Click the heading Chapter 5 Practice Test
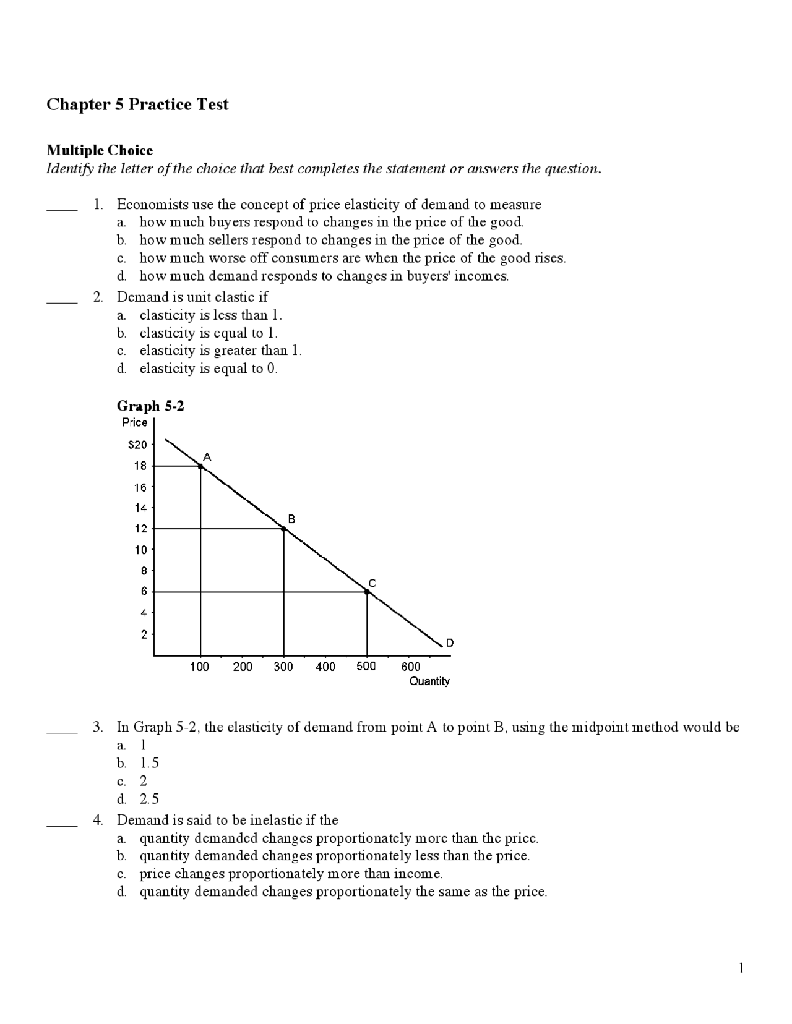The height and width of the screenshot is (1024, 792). click(137, 105)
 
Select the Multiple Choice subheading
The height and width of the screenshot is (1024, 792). click(100, 150)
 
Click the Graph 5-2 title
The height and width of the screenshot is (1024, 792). click(150, 406)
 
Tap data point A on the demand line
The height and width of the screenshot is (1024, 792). click(200, 466)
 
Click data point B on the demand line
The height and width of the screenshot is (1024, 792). click(284, 529)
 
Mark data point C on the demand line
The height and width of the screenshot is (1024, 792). click(367, 592)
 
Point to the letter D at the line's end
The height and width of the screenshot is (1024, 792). click(450, 643)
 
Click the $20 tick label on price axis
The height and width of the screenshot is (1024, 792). click(137, 445)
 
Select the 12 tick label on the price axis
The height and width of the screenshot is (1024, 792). click(140, 529)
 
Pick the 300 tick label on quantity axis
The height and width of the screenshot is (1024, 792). click(283, 667)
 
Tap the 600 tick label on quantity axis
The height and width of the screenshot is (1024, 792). click(411, 667)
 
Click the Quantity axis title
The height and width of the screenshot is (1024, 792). click(429, 681)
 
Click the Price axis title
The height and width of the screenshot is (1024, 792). click(135, 422)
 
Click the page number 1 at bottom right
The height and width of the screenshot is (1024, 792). click(741, 968)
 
